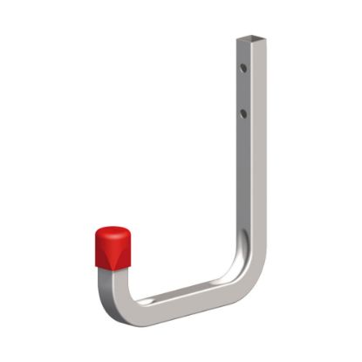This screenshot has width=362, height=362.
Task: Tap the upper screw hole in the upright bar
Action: [245, 65]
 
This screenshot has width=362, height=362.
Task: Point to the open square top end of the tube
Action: [247, 38]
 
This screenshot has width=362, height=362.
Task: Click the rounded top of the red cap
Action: [113, 230]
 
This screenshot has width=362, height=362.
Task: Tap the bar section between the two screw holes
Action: [245, 89]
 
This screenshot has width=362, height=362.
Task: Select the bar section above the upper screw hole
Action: [245, 51]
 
